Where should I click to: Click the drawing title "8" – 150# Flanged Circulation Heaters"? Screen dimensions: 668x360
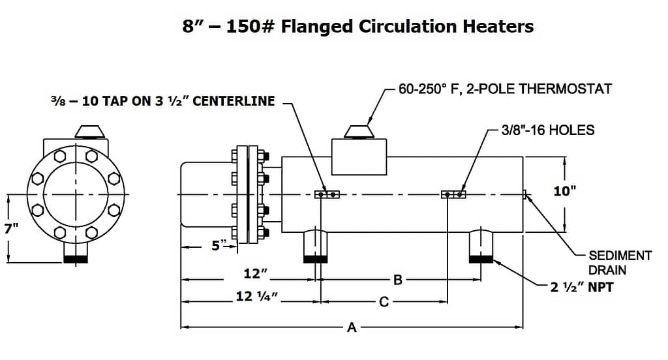tap(358, 27)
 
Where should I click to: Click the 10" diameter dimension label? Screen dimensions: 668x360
tap(564, 191)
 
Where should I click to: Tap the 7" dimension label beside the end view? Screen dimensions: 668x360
tap(11, 228)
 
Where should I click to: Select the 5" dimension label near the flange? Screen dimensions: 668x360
tap(221, 245)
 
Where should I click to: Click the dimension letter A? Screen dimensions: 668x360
tap(352, 327)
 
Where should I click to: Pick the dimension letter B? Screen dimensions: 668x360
tap(397, 280)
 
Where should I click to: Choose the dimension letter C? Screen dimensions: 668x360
tap(384, 302)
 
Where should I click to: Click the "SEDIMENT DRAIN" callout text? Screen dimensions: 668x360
tap(620, 263)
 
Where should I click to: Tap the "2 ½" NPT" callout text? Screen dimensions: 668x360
tap(581, 287)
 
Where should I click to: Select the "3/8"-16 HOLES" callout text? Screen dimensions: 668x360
tap(548, 130)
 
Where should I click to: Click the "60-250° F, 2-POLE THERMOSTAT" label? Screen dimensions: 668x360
tap(505, 89)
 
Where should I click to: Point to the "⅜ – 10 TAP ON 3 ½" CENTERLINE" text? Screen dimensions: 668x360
tap(163, 101)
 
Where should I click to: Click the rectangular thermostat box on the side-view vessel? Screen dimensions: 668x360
tap(359, 157)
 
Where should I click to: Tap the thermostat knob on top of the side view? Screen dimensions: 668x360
tap(359, 132)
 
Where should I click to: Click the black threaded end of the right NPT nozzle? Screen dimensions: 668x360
tap(481, 259)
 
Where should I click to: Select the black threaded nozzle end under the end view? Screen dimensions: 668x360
tap(76, 259)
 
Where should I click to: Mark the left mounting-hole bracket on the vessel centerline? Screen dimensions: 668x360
tap(327, 195)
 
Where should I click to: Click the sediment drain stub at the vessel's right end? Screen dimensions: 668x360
tap(525, 195)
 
